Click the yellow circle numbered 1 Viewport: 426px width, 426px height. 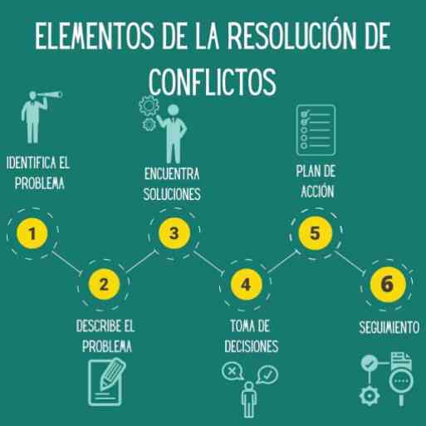[x=32, y=233]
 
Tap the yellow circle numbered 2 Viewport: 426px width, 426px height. [x=104, y=284]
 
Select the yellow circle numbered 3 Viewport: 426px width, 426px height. [x=174, y=233]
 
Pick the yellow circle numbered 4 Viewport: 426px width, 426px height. [x=246, y=284]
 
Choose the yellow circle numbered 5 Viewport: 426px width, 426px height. [x=316, y=233]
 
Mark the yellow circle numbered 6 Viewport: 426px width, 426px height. [x=388, y=284]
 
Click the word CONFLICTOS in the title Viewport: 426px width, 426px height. [x=213, y=81]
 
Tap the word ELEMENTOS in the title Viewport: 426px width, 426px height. [x=95, y=36]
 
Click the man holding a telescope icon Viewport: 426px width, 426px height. [x=39, y=117]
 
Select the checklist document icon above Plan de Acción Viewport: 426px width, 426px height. [x=316, y=130]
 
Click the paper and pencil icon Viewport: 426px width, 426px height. [x=106, y=382]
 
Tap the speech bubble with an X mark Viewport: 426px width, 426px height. [x=233, y=371]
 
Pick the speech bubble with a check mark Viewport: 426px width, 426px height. [x=267, y=375]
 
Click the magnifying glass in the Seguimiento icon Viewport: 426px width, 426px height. [x=401, y=384]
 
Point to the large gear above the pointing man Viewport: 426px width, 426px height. [x=149, y=105]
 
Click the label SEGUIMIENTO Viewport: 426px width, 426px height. [x=389, y=327]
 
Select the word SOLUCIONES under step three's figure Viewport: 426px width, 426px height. [x=172, y=193]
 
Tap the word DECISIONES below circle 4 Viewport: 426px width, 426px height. [x=252, y=346]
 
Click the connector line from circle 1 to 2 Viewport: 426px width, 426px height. [x=66, y=262]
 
